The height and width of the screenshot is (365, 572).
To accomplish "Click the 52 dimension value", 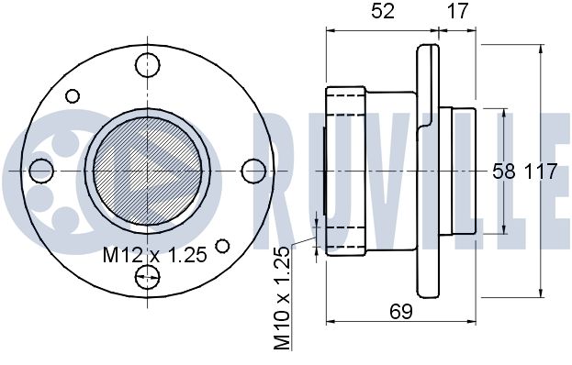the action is (383, 11).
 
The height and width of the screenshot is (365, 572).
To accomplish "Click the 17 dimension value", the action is (457, 11).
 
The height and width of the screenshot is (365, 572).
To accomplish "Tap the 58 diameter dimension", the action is (504, 171).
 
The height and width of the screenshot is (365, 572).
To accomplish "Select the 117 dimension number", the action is (541, 171).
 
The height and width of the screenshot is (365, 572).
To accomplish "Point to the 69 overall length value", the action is (401, 312).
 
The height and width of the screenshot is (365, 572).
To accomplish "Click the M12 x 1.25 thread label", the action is (154, 255).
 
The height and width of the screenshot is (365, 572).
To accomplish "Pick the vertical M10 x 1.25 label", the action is (282, 298).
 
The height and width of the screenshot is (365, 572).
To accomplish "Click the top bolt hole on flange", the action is (148, 65).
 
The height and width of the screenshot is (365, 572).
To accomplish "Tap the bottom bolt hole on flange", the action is (148, 277).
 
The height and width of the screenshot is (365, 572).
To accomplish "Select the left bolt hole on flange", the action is (41, 171).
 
